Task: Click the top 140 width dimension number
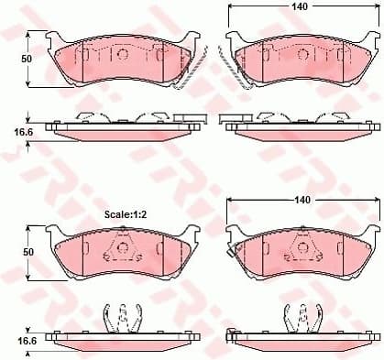pyautogui.click(x=299, y=6)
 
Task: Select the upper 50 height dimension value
pyautogui.click(x=27, y=59)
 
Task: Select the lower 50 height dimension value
pyautogui.click(x=27, y=252)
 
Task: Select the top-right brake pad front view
pyautogui.click(x=299, y=62)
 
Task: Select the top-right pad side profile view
pyautogui.click(x=299, y=129)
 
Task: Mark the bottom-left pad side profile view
pyautogui.click(x=122, y=341)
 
